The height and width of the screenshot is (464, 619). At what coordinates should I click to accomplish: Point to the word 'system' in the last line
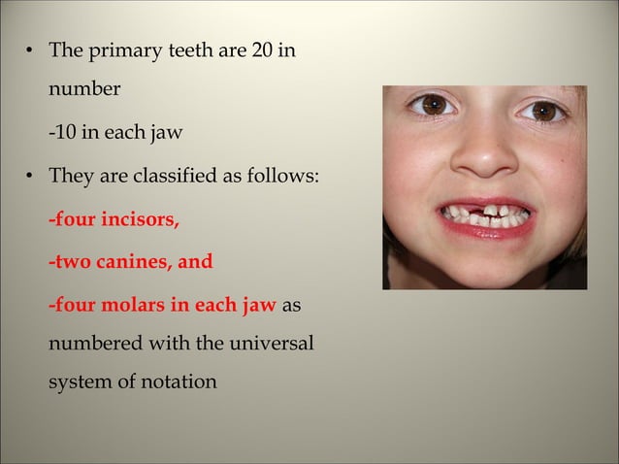(81, 381)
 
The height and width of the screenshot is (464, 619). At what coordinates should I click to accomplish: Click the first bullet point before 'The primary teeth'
(31, 49)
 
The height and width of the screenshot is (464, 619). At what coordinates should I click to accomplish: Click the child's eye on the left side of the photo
(432, 106)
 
